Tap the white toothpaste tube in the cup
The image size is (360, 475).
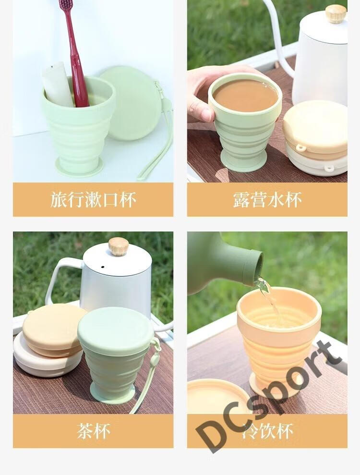[58, 85]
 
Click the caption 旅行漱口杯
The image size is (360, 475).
[93, 200]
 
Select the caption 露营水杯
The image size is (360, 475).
[267, 200]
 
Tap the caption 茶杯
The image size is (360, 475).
[93, 431]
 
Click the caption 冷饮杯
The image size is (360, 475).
[267, 431]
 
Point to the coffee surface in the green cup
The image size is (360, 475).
[245, 96]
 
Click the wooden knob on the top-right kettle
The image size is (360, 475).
[336, 13]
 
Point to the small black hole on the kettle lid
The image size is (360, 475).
[103, 267]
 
